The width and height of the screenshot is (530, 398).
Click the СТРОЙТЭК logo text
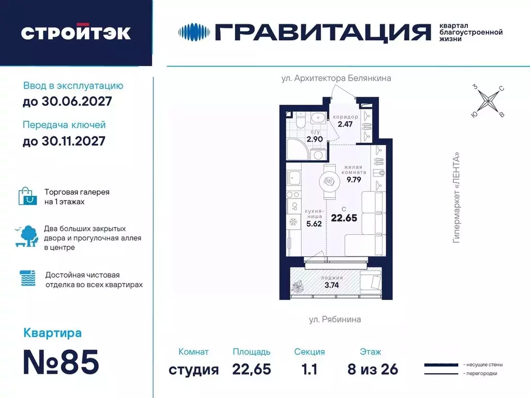tap(76, 32)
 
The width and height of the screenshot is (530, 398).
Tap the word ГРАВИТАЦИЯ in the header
tap(321, 32)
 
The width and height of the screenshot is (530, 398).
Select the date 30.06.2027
tap(67, 101)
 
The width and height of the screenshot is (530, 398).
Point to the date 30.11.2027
tap(64, 140)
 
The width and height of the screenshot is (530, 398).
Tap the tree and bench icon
tap(26, 237)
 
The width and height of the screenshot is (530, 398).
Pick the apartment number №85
tap(61, 363)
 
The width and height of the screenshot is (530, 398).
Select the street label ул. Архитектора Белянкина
tap(336, 78)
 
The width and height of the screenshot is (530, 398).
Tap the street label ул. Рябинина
tap(335, 319)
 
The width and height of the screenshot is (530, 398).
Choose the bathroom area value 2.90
tap(315, 139)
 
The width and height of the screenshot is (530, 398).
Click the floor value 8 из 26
tap(373, 369)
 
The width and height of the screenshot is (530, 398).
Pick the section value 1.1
tap(310, 369)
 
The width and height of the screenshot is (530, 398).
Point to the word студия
tap(194, 369)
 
